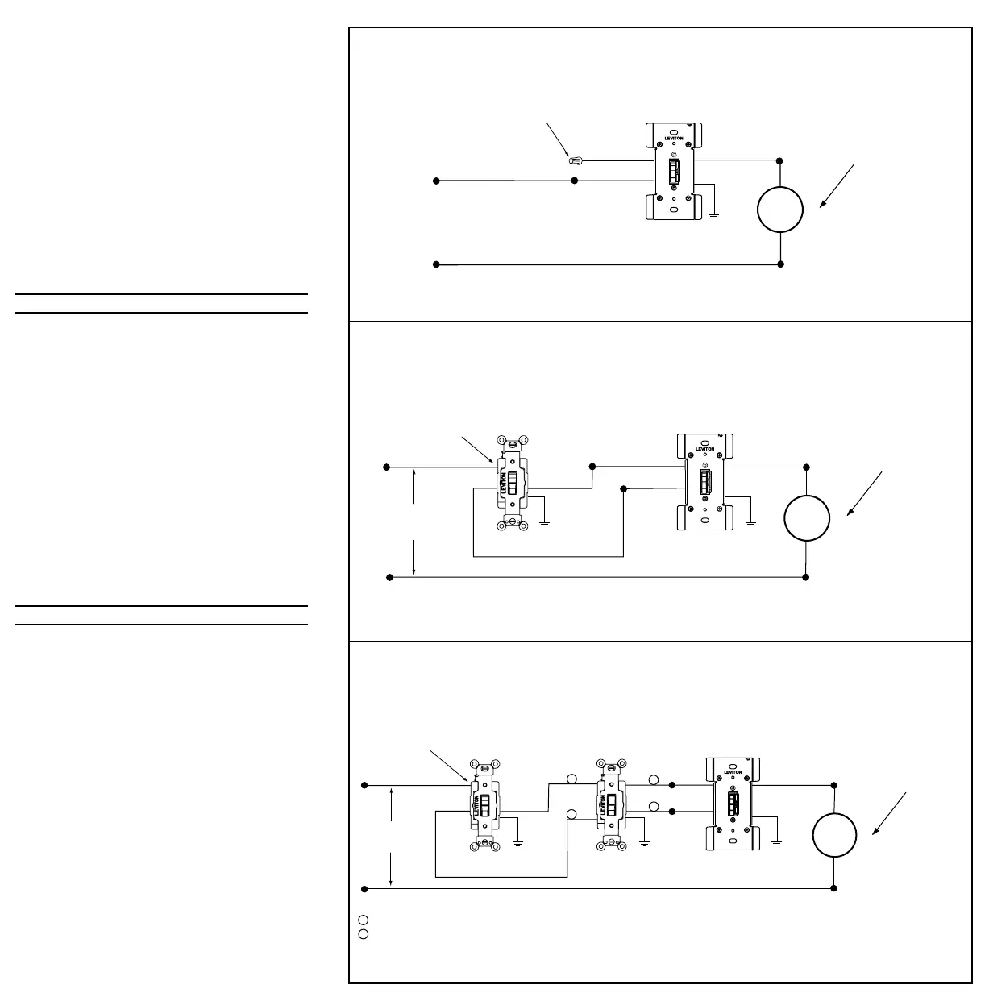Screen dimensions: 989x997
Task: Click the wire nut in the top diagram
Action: click(x=575, y=160)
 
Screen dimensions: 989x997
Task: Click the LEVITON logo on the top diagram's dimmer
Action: click(x=674, y=138)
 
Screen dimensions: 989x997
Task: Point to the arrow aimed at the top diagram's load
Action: click(x=837, y=185)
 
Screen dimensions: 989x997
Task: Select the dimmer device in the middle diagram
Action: click(x=704, y=482)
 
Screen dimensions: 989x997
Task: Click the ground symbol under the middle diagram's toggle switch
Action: click(x=546, y=524)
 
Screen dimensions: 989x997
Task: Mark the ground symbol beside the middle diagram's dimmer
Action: click(x=750, y=524)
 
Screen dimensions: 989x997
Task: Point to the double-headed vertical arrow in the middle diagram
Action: click(x=413, y=522)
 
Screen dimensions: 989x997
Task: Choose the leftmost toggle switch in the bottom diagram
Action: click(x=484, y=804)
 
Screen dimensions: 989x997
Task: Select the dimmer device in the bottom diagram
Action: click(x=732, y=804)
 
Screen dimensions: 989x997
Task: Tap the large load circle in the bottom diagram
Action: click(x=833, y=836)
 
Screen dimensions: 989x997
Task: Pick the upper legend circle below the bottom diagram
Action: click(x=363, y=920)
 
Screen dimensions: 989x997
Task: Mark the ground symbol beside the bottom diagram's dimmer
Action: click(x=777, y=842)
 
